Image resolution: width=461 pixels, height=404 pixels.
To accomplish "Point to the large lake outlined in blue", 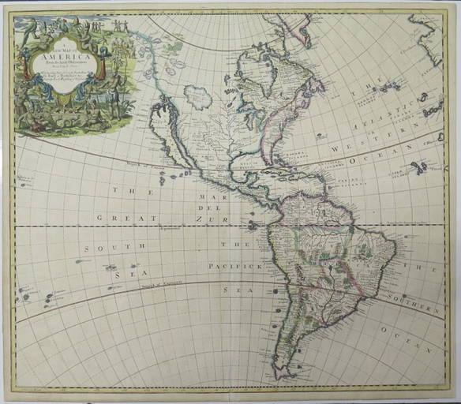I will (x=197, y=97).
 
